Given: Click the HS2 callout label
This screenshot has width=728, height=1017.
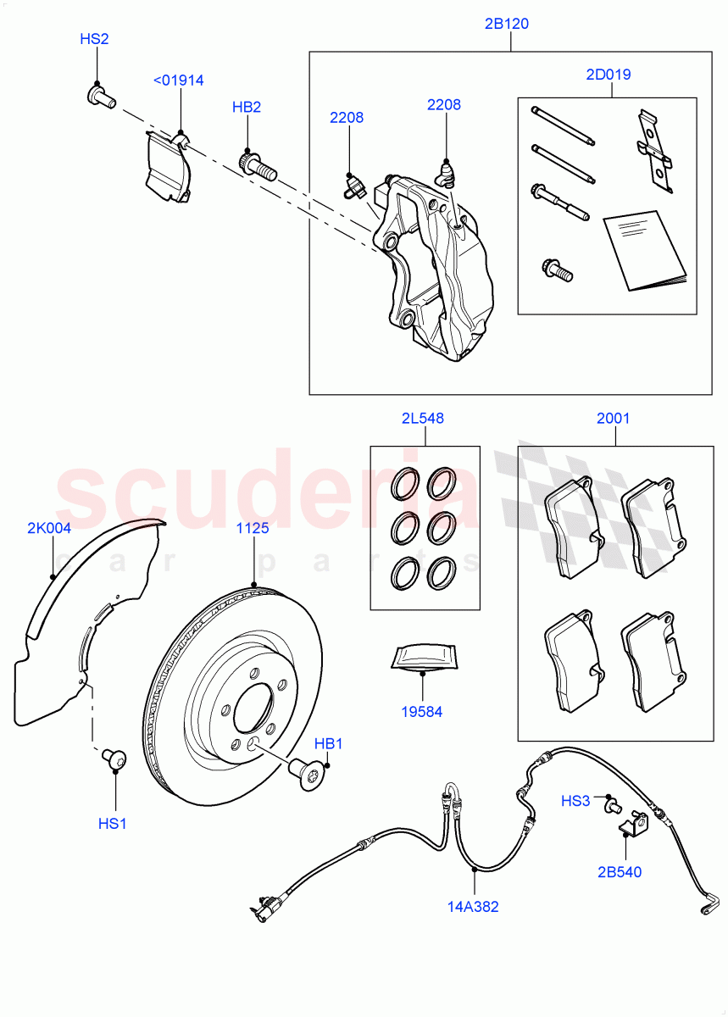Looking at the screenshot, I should (x=94, y=39).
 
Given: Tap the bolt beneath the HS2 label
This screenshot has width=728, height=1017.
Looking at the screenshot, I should (x=99, y=96).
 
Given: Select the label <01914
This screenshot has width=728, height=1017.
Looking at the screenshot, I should (x=178, y=81).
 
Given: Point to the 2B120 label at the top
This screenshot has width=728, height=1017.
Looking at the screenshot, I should (x=507, y=24).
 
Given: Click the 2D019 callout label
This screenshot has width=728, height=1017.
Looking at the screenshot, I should (x=608, y=75).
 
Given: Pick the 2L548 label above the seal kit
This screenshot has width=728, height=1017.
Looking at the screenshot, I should (x=422, y=418).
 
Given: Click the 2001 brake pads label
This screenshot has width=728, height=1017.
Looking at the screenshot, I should (x=614, y=418).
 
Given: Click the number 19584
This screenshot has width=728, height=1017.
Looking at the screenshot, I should (x=421, y=713).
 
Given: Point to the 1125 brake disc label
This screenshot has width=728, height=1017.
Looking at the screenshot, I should (x=253, y=528).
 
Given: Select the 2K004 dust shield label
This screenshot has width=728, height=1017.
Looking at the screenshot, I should (x=49, y=528).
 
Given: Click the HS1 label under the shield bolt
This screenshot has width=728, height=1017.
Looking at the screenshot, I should (x=112, y=823).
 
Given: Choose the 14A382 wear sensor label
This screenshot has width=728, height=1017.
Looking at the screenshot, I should (x=474, y=907).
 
